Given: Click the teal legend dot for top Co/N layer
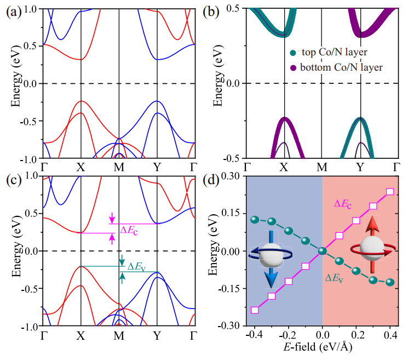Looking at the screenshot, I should pos(295,53).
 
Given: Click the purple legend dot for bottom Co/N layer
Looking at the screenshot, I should pos(295,67).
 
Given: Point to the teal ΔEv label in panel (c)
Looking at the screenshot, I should pos(137,267).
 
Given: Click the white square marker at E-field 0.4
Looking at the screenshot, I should pos(390,191).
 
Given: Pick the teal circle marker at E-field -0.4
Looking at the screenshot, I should pos(254,219).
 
